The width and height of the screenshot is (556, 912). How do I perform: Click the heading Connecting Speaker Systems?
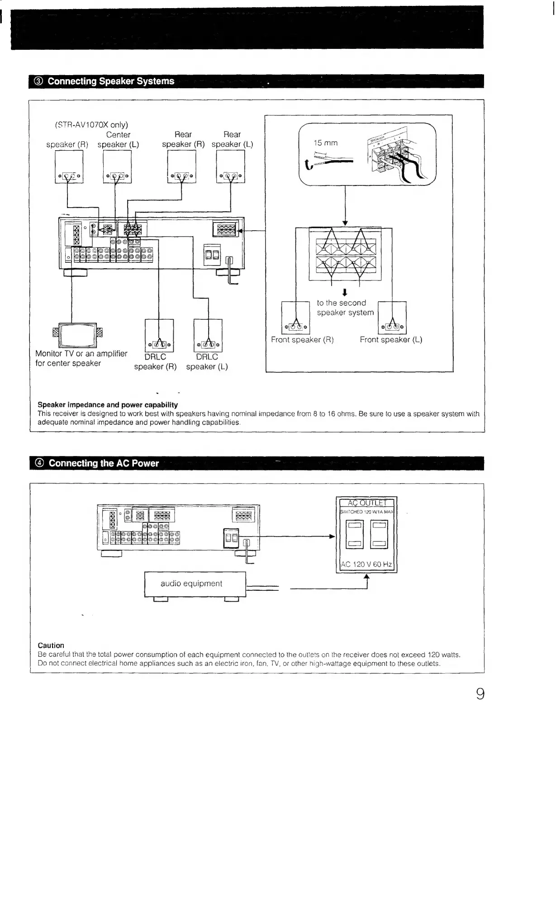[111, 81]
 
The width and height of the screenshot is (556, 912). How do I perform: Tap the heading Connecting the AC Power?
[104, 463]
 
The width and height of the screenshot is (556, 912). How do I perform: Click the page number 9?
[480, 694]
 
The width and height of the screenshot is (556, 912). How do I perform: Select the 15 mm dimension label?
[326, 143]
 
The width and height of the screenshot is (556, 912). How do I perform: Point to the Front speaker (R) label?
[302, 340]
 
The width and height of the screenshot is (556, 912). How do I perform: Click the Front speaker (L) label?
[391, 340]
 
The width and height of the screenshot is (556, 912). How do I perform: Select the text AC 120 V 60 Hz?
[366, 565]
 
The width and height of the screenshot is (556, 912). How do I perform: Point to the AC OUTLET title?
[366, 503]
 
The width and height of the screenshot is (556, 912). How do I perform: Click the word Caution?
[51, 646]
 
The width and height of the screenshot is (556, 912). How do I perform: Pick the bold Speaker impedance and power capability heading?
[108, 405]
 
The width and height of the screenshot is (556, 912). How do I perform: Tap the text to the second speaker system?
[345, 308]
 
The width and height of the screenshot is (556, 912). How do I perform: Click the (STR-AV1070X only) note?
[91, 125]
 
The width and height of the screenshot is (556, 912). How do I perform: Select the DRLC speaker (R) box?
[159, 335]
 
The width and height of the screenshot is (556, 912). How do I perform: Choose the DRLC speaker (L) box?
[208, 335]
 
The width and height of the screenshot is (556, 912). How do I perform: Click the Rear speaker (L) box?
[231, 166]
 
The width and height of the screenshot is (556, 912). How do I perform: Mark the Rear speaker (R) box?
[181, 166]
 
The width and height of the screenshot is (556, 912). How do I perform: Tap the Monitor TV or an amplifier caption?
[81, 358]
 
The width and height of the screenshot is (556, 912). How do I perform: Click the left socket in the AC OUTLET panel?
[354, 534]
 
